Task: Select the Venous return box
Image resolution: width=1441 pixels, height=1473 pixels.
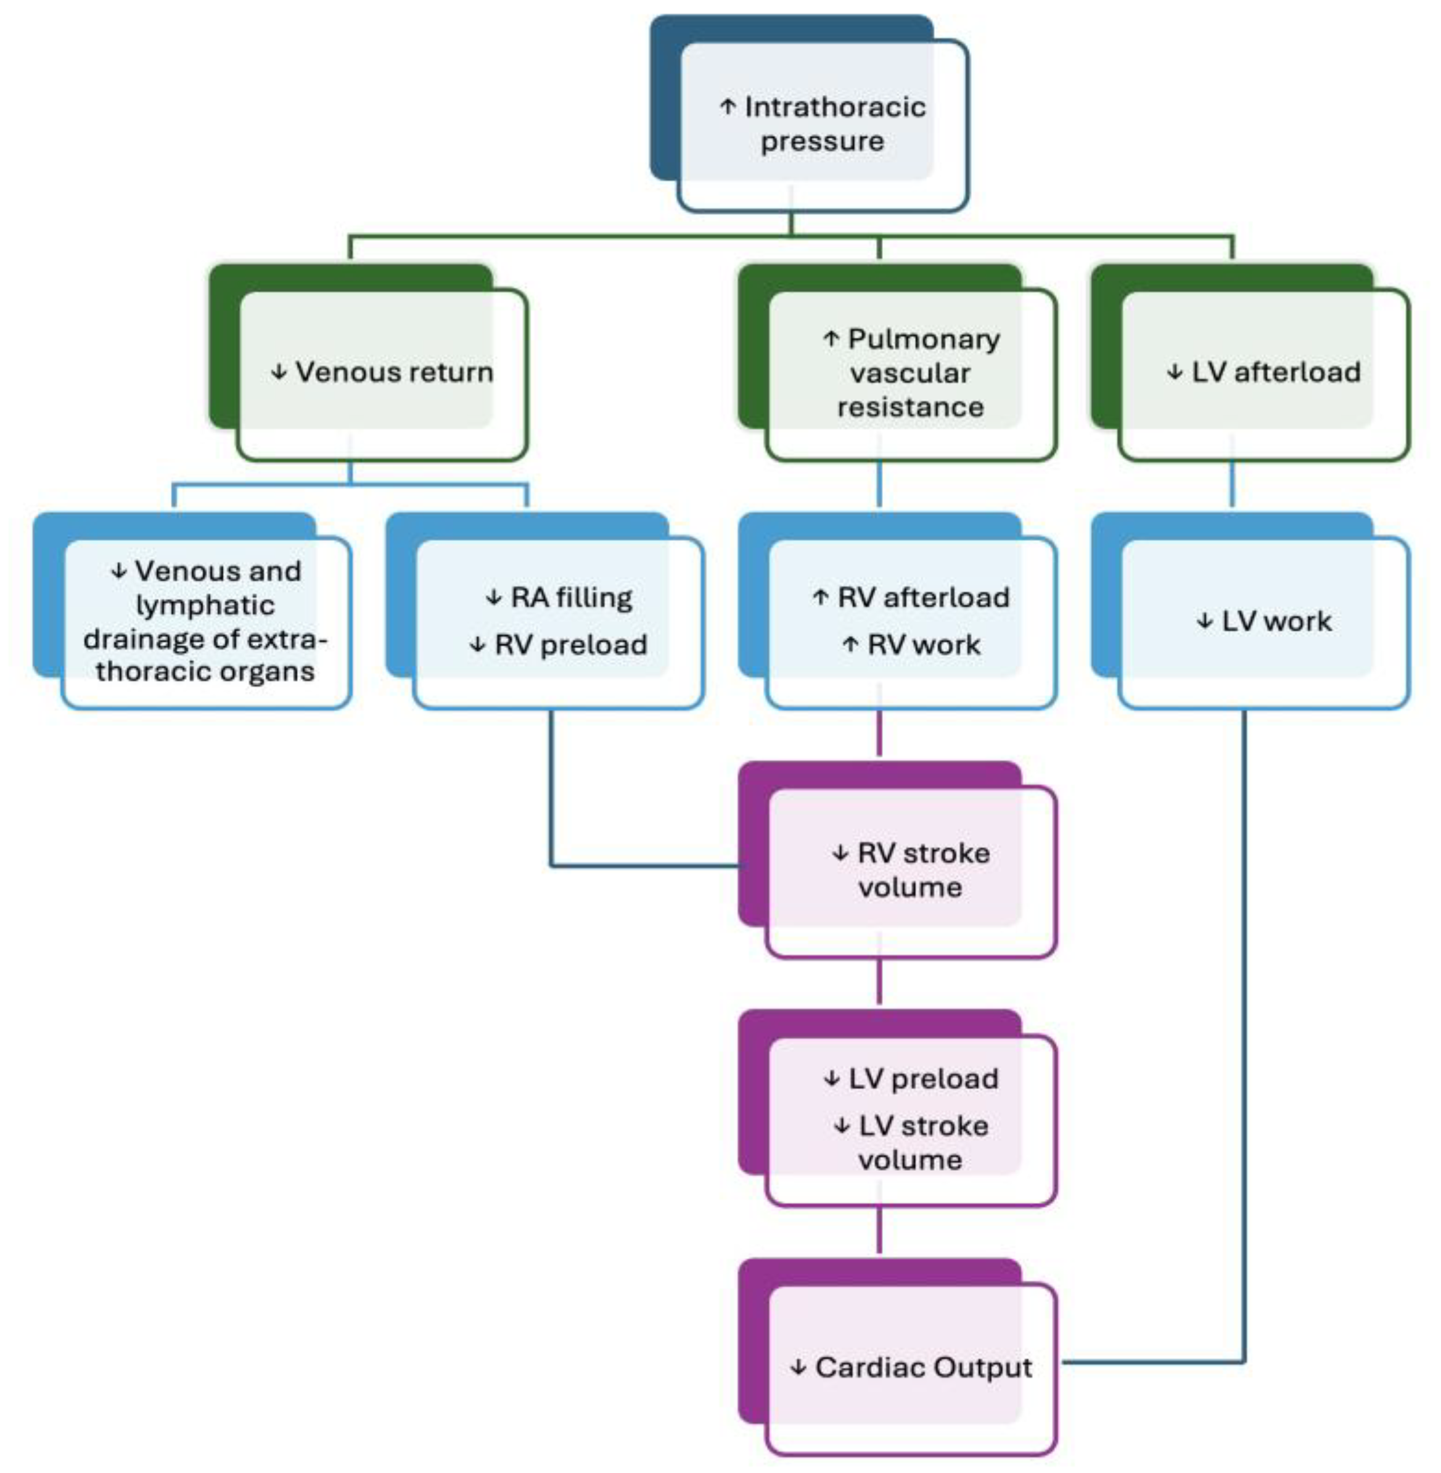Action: [382, 373]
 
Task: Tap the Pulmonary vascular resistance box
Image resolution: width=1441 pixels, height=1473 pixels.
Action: [911, 373]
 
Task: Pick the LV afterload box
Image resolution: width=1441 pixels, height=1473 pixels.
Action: [1264, 373]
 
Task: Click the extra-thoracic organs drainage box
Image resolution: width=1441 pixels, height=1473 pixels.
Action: [205, 621]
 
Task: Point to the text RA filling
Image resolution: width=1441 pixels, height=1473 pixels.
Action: [572, 598]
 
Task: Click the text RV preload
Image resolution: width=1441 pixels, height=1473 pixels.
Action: [570, 645]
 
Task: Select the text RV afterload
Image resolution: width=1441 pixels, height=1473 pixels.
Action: [923, 598]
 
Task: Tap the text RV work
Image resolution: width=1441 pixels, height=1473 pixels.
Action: [923, 645]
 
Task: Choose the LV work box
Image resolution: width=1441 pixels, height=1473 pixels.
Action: [1264, 621]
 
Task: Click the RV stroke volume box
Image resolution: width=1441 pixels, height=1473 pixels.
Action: [911, 870]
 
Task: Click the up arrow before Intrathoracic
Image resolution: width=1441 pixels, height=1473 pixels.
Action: [728, 107]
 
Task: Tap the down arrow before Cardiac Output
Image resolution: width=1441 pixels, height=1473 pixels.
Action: [798, 1368]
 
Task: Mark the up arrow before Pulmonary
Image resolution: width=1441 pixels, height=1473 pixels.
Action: [831, 339]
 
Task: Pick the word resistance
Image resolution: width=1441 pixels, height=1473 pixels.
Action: [911, 407]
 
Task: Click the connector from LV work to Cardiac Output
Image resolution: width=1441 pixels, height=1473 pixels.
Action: [1244, 1060]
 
